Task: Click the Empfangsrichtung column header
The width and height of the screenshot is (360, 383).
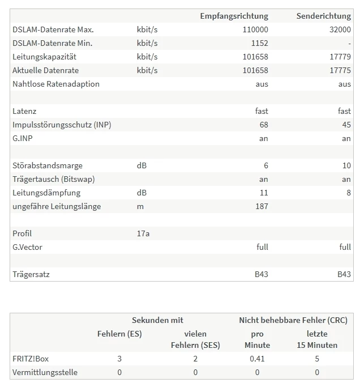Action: point(234,16)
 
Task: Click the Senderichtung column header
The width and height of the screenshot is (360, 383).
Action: point(323,16)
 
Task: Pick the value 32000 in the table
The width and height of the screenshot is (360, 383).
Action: point(340,29)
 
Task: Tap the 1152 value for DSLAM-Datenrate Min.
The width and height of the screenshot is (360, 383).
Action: point(259,43)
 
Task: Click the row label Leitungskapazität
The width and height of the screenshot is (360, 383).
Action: point(44,57)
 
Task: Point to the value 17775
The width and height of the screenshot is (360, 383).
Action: point(340,70)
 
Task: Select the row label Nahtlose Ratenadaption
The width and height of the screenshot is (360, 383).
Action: point(55,84)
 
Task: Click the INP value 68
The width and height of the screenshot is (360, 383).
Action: point(263,125)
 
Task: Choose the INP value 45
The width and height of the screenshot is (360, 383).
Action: point(346,125)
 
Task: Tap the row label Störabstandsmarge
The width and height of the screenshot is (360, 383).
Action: point(47,165)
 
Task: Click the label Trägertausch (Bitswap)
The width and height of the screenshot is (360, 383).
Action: point(53,179)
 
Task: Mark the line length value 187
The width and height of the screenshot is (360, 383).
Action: point(261,206)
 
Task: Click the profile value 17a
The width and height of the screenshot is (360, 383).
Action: point(143,233)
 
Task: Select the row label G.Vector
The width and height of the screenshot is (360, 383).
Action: point(27,247)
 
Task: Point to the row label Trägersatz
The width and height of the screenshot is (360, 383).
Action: point(31,274)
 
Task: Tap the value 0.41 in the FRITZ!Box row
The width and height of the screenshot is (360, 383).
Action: point(258,359)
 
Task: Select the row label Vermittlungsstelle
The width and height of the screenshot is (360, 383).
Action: point(45,372)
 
